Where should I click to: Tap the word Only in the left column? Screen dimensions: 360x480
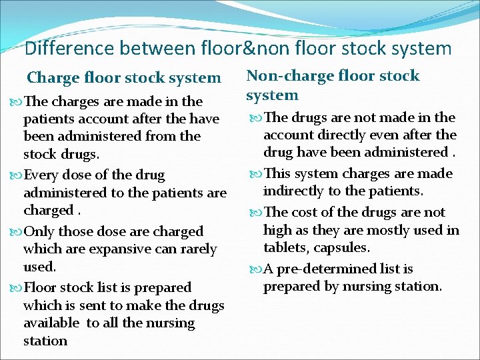click(39, 231)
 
